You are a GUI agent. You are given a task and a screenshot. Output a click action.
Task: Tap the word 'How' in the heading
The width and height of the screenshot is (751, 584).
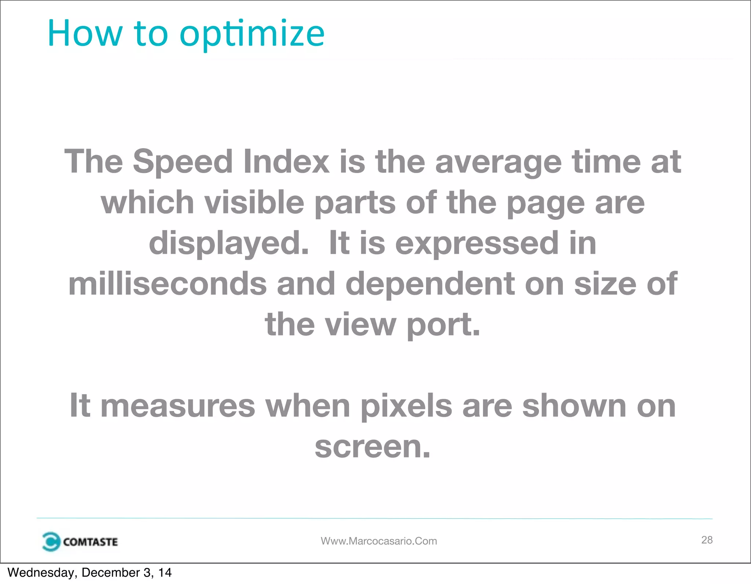click(x=85, y=34)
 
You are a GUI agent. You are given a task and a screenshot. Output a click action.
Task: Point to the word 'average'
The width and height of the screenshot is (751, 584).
click(x=498, y=162)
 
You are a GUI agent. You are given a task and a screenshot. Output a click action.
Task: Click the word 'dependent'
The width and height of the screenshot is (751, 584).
click(x=431, y=284)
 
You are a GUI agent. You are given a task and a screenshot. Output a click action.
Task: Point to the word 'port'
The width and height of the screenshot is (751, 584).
click(x=443, y=325)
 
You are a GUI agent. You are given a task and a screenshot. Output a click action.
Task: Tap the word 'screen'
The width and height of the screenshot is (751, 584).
click(x=372, y=447)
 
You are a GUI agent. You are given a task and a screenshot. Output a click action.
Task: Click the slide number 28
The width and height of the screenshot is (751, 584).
click(x=707, y=540)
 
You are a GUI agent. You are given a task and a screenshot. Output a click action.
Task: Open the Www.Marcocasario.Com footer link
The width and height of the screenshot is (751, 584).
click(x=379, y=541)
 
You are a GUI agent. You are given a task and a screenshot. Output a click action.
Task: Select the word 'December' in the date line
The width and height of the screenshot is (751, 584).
click(x=110, y=573)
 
